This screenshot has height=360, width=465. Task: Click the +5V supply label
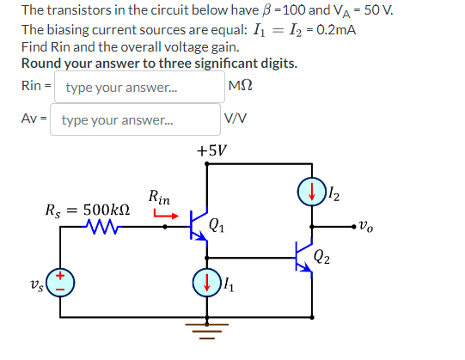coord(211,150)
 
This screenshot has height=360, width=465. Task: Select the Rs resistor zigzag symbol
coord(104,229)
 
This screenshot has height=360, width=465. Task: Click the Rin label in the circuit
coord(158,196)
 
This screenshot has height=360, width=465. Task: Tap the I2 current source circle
coord(309,191)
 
